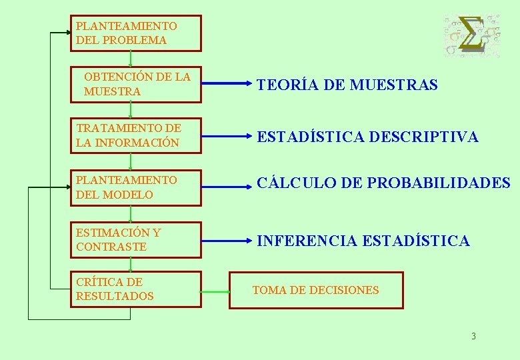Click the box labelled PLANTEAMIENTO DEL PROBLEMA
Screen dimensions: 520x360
tap(135, 33)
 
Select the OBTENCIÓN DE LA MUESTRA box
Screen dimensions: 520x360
tap(135, 84)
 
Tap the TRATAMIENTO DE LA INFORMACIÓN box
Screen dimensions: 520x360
tap(135, 135)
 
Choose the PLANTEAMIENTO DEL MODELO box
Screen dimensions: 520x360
tap(135, 187)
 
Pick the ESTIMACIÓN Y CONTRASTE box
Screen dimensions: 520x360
tap(135, 239)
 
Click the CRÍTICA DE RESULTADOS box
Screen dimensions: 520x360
tap(135, 289)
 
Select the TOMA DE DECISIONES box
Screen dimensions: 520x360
tap(316, 290)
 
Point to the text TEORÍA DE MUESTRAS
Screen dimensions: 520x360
tap(347, 85)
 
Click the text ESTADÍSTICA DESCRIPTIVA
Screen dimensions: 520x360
tap(367, 137)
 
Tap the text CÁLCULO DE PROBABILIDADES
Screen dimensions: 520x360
tap(383, 183)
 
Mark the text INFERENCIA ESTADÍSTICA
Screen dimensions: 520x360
tap(363, 241)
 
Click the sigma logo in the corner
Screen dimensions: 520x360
tap(472, 35)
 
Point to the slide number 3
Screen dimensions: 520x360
tap(473, 336)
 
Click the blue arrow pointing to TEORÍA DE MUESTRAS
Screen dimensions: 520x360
tap(227, 85)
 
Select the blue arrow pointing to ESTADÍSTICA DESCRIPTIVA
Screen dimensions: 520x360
tap(227, 137)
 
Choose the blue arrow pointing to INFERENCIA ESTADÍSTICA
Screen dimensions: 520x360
tap(227, 240)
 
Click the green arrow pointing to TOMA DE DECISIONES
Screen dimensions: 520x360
tap(215, 291)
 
